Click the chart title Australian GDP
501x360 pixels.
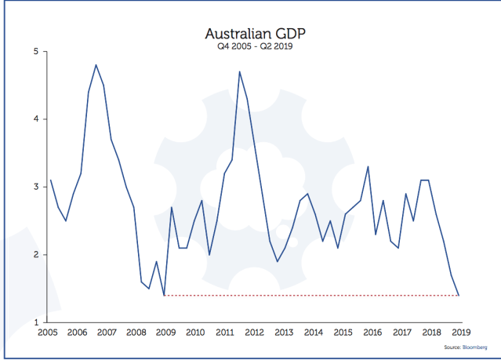tap(251, 34)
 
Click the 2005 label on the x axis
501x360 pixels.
tap(49, 333)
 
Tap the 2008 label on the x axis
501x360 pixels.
tap(136, 333)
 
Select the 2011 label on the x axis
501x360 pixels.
tap(224, 333)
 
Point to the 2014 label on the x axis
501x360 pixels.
tap(312, 333)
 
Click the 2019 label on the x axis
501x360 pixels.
tap(459, 333)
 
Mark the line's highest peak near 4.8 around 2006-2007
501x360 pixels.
tap(96, 65)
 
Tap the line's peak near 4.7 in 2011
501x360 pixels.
tap(239, 72)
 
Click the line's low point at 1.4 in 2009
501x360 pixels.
tap(164, 295)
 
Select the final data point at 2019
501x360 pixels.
tap(459, 295)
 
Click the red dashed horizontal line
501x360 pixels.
tap(314, 296)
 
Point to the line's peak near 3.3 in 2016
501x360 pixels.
tap(368, 166)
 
